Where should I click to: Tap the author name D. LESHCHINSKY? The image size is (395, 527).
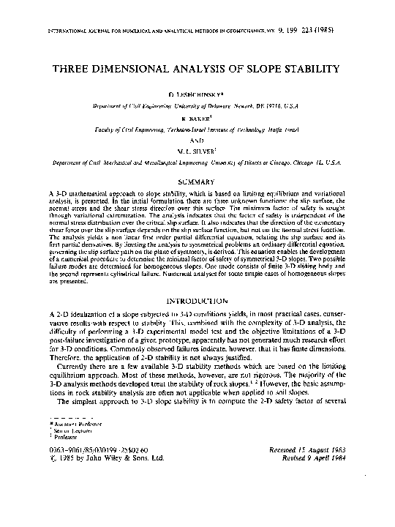[x=197, y=96]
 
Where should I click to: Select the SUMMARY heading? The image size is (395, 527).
[x=197, y=179]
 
